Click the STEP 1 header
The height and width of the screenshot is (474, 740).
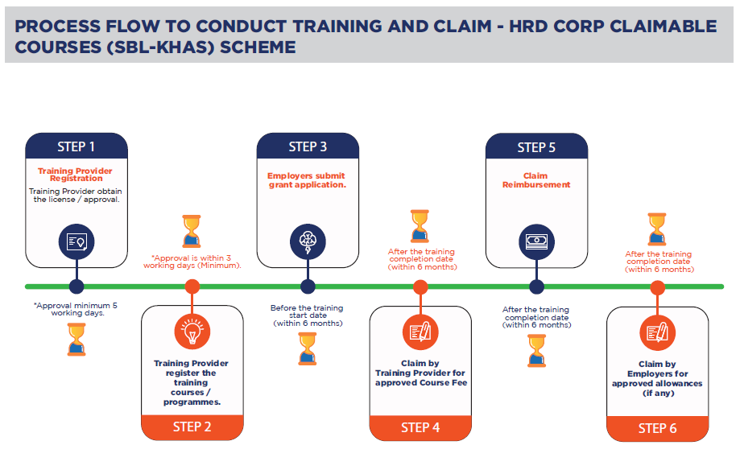pyautogui.click(x=76, y=146)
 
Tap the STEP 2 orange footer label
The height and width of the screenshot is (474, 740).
pyautogui.click(x=192, y=427)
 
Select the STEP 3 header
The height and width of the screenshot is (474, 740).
pyautogui.click(x=308, y=146)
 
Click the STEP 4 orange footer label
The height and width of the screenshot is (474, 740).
pyautogui.click(x=420, y=428)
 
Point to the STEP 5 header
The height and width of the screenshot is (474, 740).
pyautogui.click(x=536, y=146)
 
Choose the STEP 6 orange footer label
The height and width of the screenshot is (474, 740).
pyautogui.click(x=657, y=428)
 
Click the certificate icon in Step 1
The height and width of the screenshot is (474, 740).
pyautogui.click(x=76, y=242)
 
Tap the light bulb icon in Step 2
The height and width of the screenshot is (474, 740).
pyautogui.click(x=192, y=332)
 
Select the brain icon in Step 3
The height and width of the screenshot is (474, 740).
pyautogui.click(x=308, y=242)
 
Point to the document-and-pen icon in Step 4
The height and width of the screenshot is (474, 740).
pyautogui.click(x=420, y=332)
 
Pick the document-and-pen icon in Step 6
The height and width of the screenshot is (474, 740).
pyautogui.click(x=657, y=333)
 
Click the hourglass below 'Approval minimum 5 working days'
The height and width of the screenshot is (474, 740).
pyautogui.click(x=76, y=339)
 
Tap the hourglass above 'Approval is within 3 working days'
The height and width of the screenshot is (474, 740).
pyautogui.click(x=192, y=231)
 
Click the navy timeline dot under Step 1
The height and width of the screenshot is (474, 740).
pyautogui.click(x=76, y=286)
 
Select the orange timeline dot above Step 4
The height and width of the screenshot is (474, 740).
pyautogui.click(x=420, y=286)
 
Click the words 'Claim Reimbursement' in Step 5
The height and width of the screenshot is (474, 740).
pyautogui.click(x=536, y=180)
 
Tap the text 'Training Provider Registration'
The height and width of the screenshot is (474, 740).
pyautogui.click(x=76, y=175)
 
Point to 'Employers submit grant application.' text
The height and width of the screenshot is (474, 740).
pyautogui.click(x=308, y=180)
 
